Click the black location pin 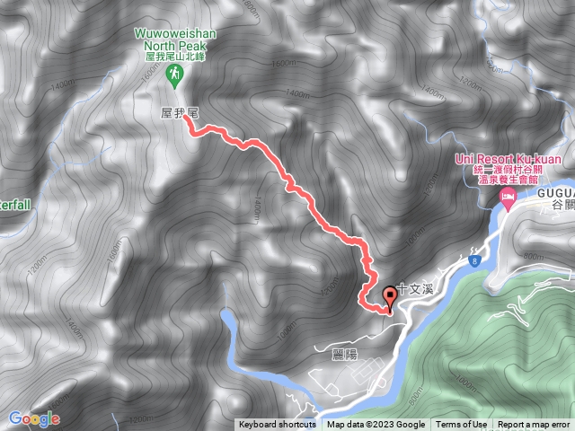pyautogui.click(x=390, y=295)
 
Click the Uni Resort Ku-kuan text pyautogui.click(x=509, y=160)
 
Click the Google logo pyautogui.click(x=33, y=418)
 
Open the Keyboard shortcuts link pyautogui.click(x=277, y=425)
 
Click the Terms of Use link pyautogui.click(x=462, y=425)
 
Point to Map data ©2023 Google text pyautogui.click(x=376, y=425)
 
